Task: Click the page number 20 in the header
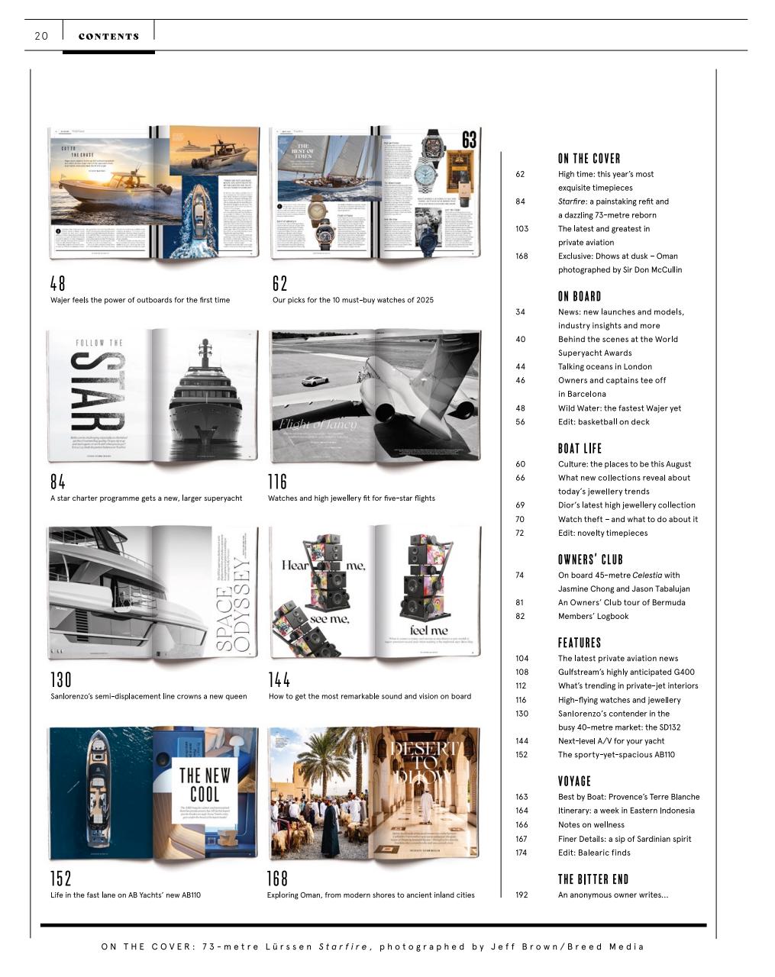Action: click(x=41, y=36)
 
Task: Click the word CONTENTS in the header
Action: click(x=108, y=36)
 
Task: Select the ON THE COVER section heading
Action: click(x=589, y=159)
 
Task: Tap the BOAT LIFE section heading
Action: click(x=580, y=449)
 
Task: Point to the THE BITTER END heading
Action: click(x=593, y=879)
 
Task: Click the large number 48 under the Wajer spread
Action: click(x=58, y=283)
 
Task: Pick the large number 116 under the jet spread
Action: click(x=277, y=482)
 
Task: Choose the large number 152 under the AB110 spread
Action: click(x=60, y=879)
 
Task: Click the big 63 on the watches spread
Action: click(x=469, y=140)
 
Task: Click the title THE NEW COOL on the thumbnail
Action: click(x=204, y=785)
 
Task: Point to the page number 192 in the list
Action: click(x=522, y=895)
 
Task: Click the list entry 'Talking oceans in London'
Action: click(x=605, y=366)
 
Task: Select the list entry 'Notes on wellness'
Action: click(x=591, y=824)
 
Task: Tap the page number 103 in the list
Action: click(x=522, y=228)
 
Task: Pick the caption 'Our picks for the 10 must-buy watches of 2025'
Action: click(x=353, y=300)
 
